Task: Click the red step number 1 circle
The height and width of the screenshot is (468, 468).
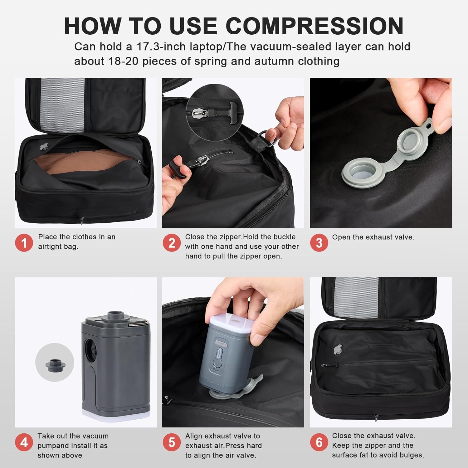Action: tap(24, 242)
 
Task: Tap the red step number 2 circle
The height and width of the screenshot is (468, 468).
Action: tap(172, 242)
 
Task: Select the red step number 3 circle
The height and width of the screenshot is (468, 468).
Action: tap(319, 242)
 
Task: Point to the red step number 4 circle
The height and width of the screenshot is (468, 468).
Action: tap(24, 442)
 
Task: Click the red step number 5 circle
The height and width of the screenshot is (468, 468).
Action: tap(172, 442)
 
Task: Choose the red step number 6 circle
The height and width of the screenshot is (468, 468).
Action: tap(319, 442)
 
